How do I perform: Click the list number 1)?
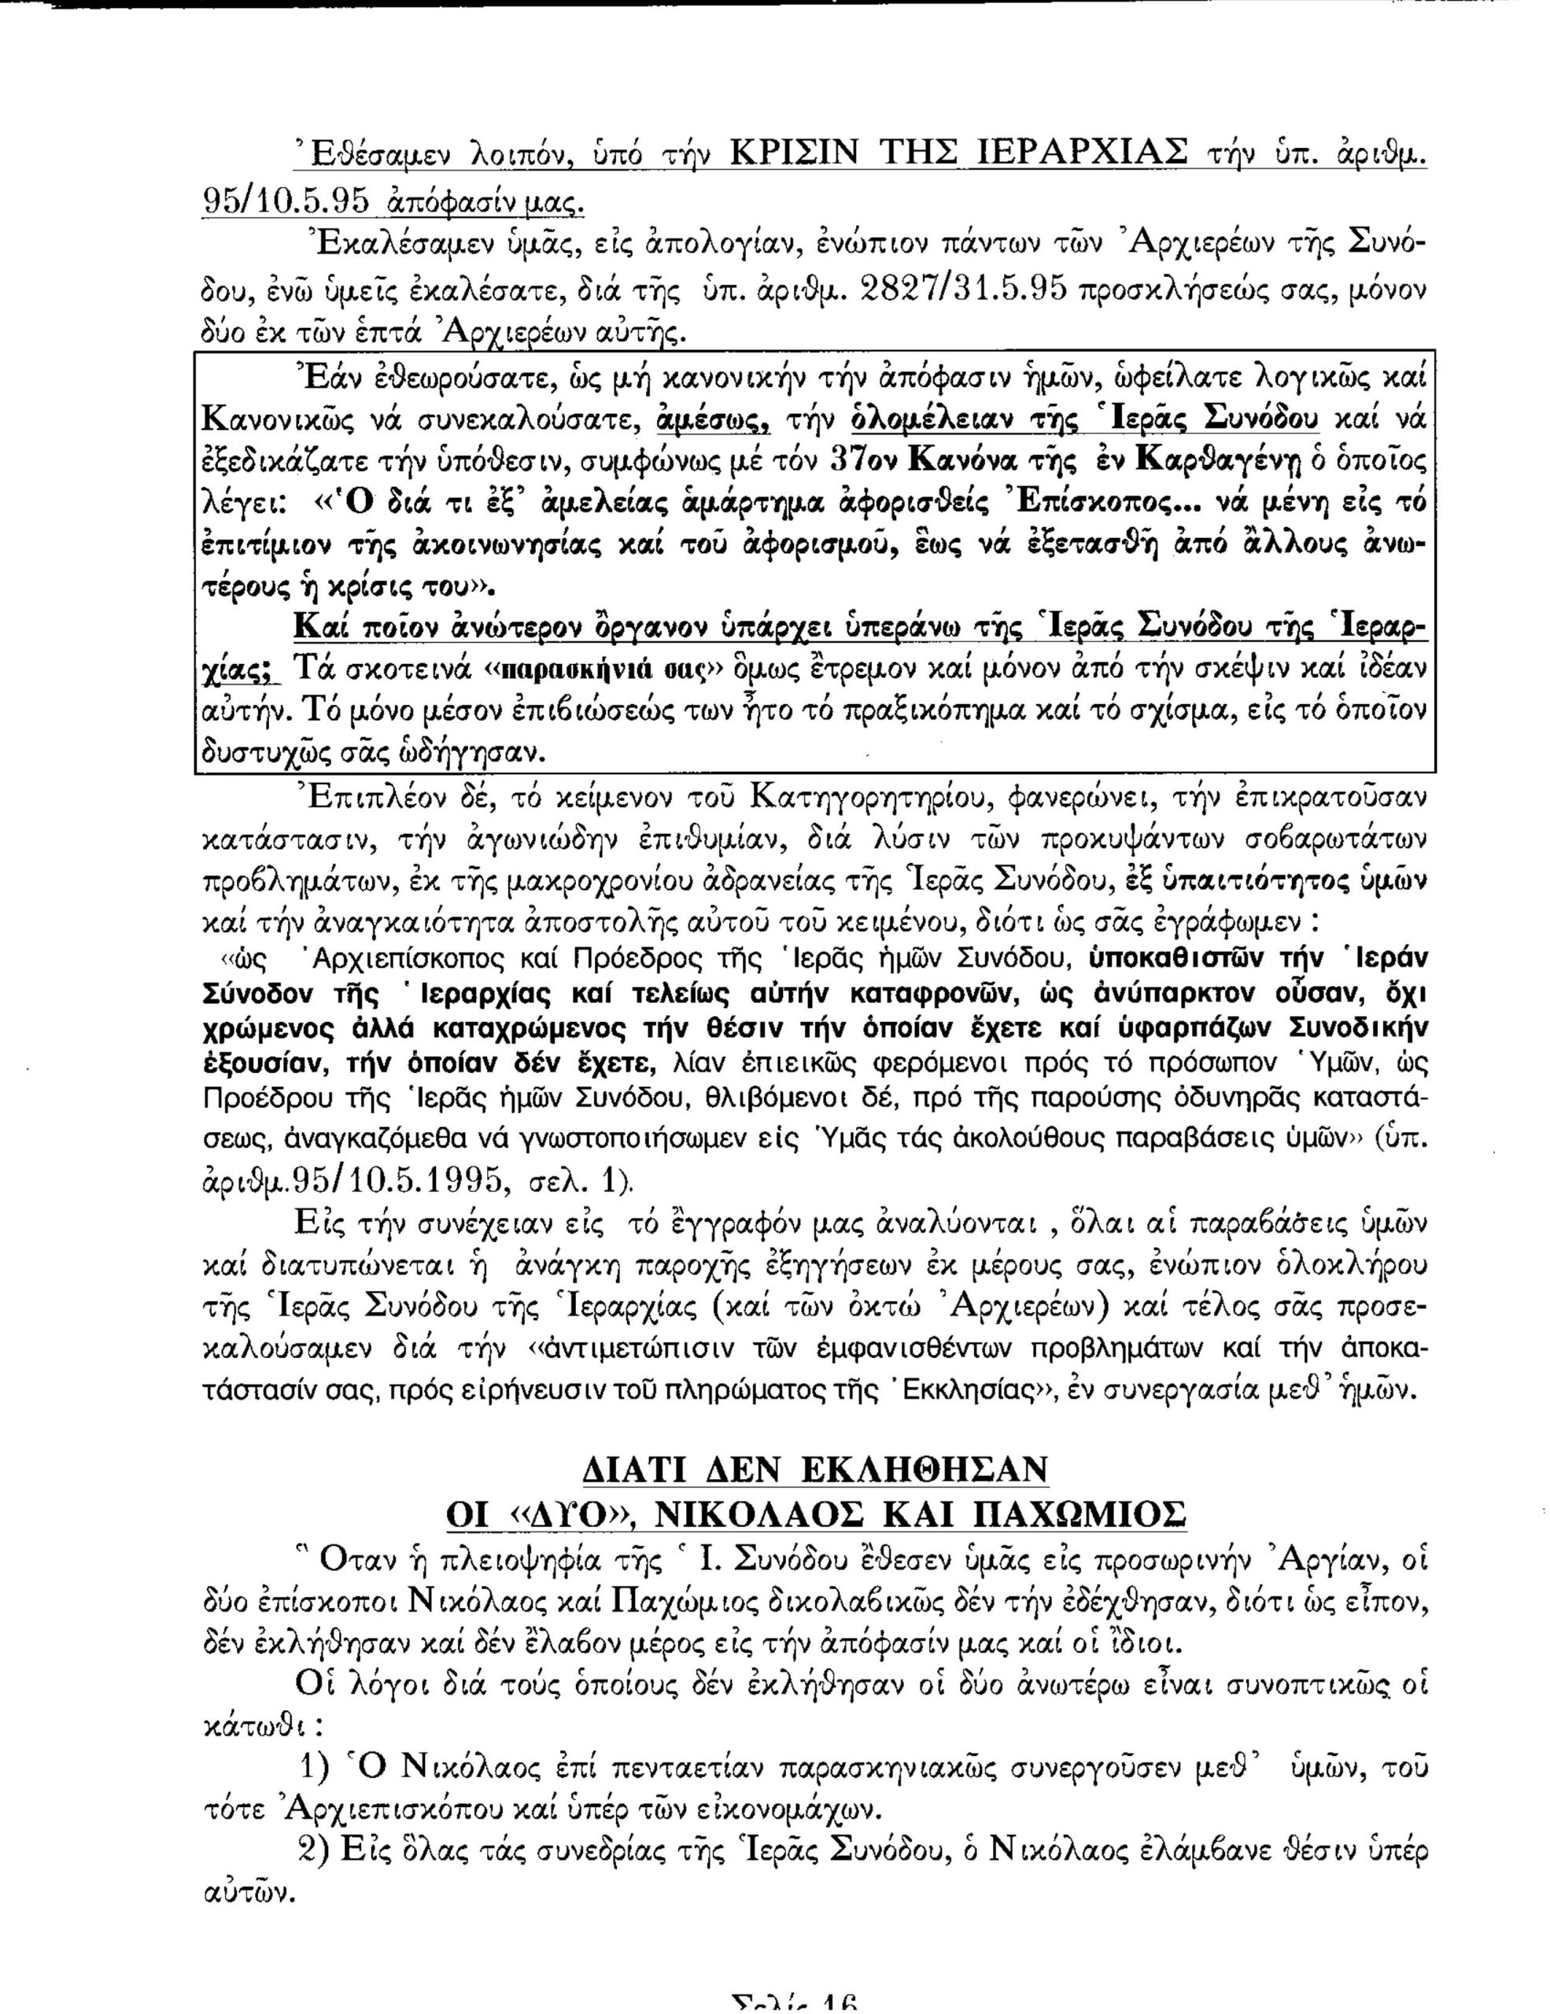317,1767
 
